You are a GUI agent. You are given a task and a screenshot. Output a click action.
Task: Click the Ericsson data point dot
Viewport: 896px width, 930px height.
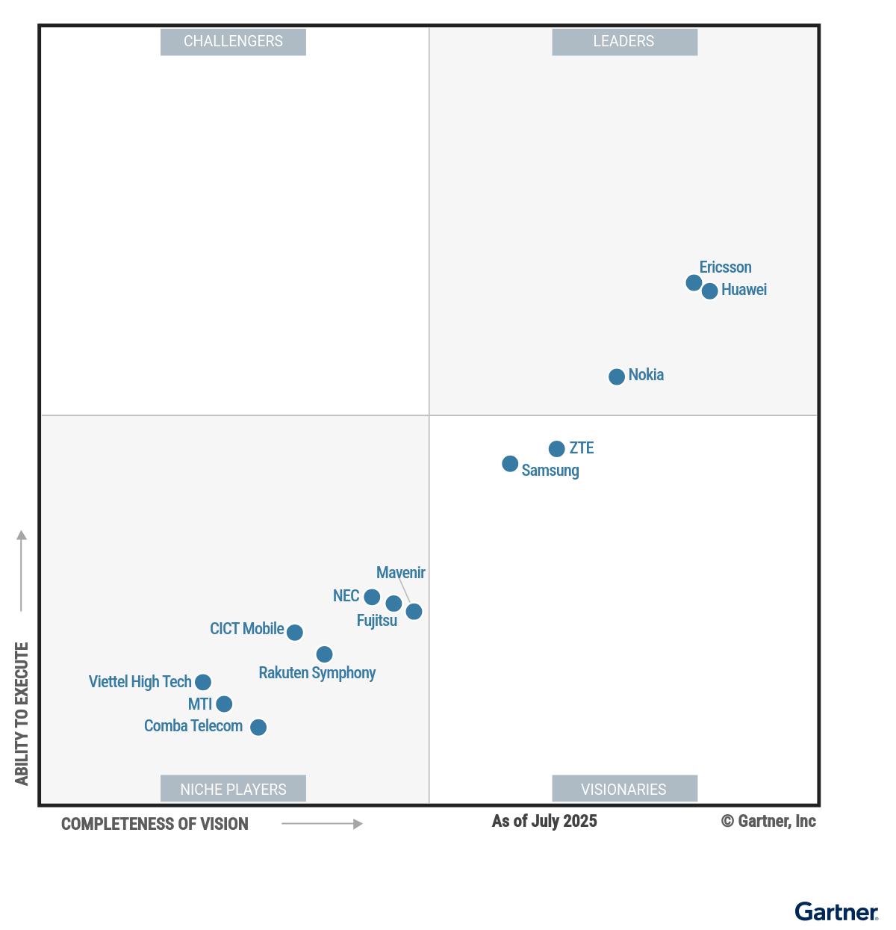coord(694,282)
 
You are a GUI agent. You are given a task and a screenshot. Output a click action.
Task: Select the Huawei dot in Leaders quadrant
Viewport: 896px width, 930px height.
coord(710,291)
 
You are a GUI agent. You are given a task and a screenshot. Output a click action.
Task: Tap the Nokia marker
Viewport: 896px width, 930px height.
coord(617,376)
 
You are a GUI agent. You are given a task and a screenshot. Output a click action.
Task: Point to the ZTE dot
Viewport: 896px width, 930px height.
coord(557,449)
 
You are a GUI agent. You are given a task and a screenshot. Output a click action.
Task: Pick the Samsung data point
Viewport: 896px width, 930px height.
coord(510,464)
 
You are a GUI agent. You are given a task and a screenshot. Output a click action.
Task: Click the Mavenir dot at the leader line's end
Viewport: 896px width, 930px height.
coord(414,612)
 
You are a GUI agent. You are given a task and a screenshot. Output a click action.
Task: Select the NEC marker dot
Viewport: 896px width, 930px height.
coord(372,597)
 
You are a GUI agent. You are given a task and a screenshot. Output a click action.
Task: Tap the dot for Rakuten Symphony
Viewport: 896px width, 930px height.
coord(324,654)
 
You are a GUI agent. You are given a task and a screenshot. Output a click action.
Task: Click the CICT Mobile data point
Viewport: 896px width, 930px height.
coord(295,633)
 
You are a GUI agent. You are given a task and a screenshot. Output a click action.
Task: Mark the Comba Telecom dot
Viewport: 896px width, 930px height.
coord(258,727)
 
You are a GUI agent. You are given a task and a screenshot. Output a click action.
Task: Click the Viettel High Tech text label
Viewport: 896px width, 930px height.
coord(140,682)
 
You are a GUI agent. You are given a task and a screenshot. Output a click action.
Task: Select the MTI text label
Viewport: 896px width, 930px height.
coord(199,704)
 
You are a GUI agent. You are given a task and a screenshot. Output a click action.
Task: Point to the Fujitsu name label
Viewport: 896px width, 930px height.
coord(376,621)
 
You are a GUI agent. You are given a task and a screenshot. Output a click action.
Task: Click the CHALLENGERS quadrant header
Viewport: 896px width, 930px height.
coord(233,42)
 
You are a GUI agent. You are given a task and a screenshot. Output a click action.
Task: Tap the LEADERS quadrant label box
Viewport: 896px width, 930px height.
coord(624,42)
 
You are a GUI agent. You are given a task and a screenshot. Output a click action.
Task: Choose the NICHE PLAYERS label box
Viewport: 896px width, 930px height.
coord(233,789)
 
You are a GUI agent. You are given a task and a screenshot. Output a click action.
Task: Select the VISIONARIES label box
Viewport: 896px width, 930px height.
coord(624,789)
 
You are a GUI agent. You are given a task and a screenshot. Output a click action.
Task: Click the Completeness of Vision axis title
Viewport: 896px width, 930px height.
coord(155,824)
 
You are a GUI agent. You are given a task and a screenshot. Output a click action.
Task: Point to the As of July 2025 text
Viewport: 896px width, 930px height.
coord(544,821)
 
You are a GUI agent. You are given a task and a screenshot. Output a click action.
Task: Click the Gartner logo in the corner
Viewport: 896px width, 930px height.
coord(836,912)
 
